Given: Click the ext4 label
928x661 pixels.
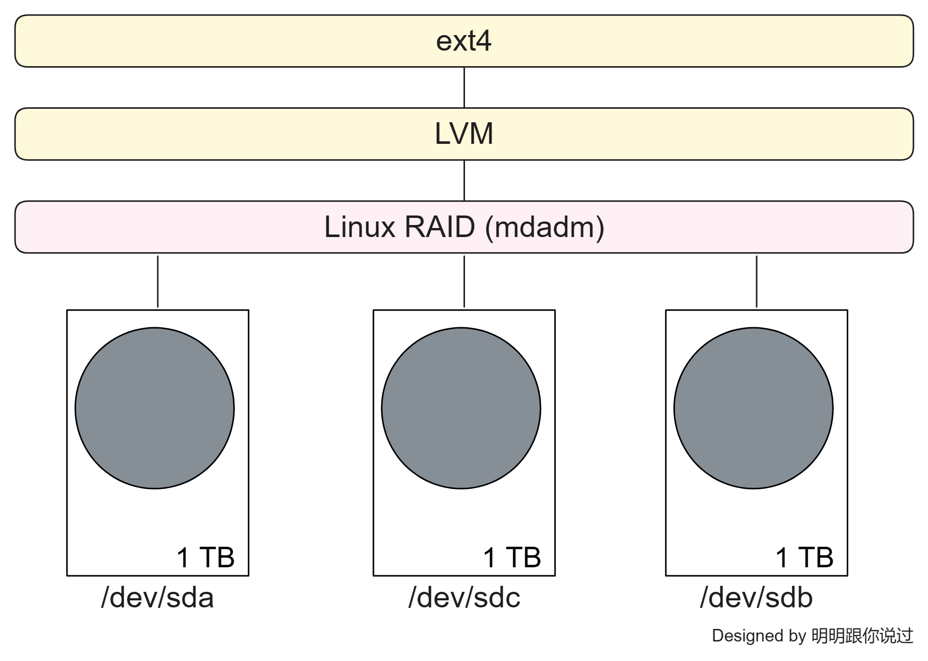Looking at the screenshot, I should coord(463,41).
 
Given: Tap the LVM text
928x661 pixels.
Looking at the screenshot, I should coord(463,134).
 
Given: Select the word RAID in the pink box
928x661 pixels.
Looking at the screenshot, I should coord(439,227).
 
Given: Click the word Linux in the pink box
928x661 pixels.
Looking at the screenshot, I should coord(360,227).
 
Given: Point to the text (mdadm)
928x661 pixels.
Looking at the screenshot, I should coord(545,228).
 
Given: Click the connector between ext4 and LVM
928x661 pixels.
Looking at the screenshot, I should coord(464,87).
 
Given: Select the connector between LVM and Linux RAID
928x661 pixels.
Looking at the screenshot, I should coord(464,180).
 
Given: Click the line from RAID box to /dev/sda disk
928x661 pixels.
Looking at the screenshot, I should coord(158,281).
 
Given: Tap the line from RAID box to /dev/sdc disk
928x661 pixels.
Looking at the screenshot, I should coord(464,281).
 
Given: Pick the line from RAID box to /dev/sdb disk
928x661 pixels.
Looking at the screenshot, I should coord(756,281).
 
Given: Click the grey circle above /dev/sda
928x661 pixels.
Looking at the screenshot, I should coord(155,408).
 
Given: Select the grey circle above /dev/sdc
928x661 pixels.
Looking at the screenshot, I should coord(461,408).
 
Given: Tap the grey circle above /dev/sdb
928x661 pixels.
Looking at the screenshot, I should coord(753,408).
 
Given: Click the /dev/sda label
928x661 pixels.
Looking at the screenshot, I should coord(157,598).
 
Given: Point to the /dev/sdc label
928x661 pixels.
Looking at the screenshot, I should coord(464,598).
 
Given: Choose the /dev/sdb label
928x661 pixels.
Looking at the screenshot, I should coord(756,598).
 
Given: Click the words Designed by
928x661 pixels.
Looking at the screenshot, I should coord(758,635).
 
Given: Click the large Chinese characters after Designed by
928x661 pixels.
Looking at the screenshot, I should coord(862,635).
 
